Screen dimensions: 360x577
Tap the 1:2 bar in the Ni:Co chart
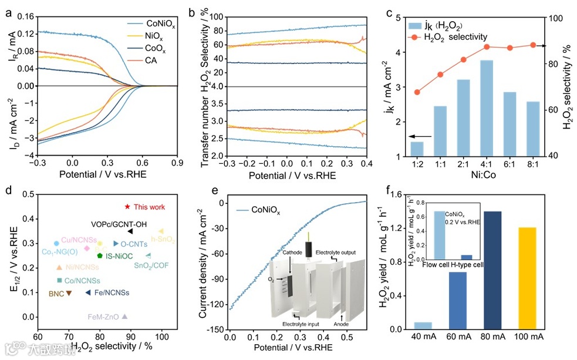coord(417,149)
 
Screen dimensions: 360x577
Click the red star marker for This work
coord(127,207)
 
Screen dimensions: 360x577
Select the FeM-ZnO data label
coord(103,317)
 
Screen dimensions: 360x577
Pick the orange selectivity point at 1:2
coord(417,92)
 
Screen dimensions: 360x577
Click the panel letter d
coord(8,191)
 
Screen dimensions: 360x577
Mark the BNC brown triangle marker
coord(69,292)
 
